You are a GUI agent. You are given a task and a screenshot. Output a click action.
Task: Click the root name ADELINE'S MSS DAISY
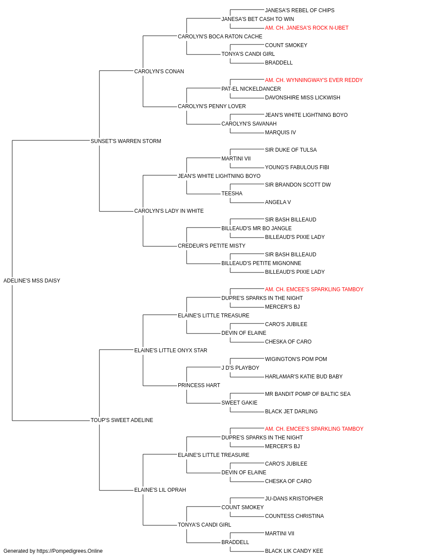pos(32,281)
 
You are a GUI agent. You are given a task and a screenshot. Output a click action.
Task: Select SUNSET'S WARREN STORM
pos(126,141)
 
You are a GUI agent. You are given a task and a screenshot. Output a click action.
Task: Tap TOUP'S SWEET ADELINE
pos(122,420)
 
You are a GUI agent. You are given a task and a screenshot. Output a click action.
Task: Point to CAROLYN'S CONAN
pos(159,71)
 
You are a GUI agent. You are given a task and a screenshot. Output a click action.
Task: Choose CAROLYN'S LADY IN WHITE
pos(169,211)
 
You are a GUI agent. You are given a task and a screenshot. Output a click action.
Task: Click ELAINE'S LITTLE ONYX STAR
pos(170,350)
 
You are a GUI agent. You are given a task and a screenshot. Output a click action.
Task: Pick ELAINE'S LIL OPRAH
pos(160,490)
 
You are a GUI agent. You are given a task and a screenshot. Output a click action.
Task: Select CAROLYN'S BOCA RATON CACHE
pos(220,37)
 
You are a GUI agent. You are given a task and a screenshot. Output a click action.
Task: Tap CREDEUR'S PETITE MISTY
pos(211,246)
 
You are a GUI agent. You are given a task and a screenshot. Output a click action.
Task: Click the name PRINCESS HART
pos(199,385)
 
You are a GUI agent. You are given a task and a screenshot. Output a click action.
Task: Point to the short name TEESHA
pos(232,194)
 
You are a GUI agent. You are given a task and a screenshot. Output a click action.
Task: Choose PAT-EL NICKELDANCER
pos(251,89)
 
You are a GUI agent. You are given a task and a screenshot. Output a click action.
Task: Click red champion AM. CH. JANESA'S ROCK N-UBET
pos(307,28)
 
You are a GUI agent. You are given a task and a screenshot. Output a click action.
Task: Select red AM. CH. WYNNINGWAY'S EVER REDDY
pos(314,80)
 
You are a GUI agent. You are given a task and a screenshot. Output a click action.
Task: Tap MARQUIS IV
pos(280,133)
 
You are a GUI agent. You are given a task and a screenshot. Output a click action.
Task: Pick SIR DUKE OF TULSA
pos(291,150)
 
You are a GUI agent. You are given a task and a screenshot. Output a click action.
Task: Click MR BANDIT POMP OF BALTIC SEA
pos(308,394)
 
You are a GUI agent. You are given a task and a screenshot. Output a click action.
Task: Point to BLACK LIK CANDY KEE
pos(294,551)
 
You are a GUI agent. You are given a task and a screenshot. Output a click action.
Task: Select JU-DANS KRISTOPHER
pos(294,499)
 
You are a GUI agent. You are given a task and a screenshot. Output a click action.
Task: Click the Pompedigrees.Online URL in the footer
pos(70,551)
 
